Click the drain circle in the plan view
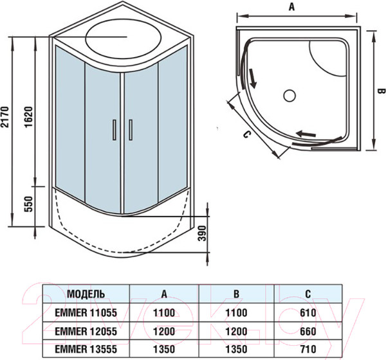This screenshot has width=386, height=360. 289,96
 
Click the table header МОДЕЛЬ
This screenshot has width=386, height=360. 84,294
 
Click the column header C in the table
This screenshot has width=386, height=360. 308,294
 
